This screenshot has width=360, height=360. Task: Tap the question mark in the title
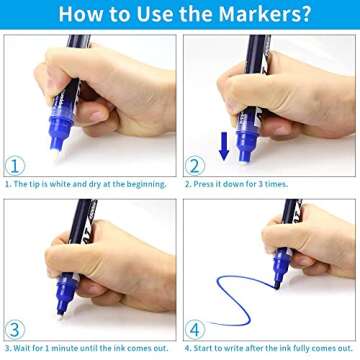pos(306,13)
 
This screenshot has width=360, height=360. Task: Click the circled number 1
pos(15,166)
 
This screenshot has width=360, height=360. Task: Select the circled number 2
pos(195,166)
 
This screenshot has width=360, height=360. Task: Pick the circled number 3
pos(15,329)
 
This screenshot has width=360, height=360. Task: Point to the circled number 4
pos(195,329)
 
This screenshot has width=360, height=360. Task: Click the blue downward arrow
pos(224,146)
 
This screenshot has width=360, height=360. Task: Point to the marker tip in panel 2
pos(244,162)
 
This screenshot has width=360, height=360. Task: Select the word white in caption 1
pos(60,184)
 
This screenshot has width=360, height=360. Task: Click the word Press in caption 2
pos(202,184)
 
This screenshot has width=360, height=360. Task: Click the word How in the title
pos(74,14)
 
